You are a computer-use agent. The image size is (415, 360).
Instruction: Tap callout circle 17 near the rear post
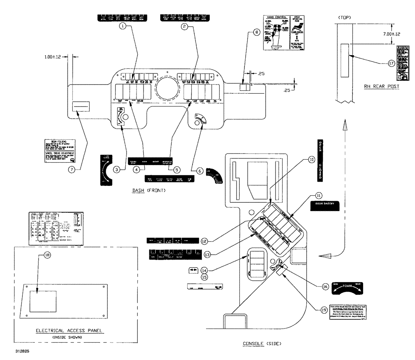pyautogui.click(x=391, y=63)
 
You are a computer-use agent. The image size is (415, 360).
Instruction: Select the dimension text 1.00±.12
pyautogui.click(x=52, y=57)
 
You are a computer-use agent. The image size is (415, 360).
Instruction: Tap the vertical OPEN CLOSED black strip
pyautogui.click(x=320, y=160)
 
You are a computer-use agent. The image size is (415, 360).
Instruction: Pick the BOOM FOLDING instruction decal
pyautogui.click(x=60, y=151)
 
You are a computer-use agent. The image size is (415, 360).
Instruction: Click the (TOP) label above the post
pyautogui.click(x=344, y=18)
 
